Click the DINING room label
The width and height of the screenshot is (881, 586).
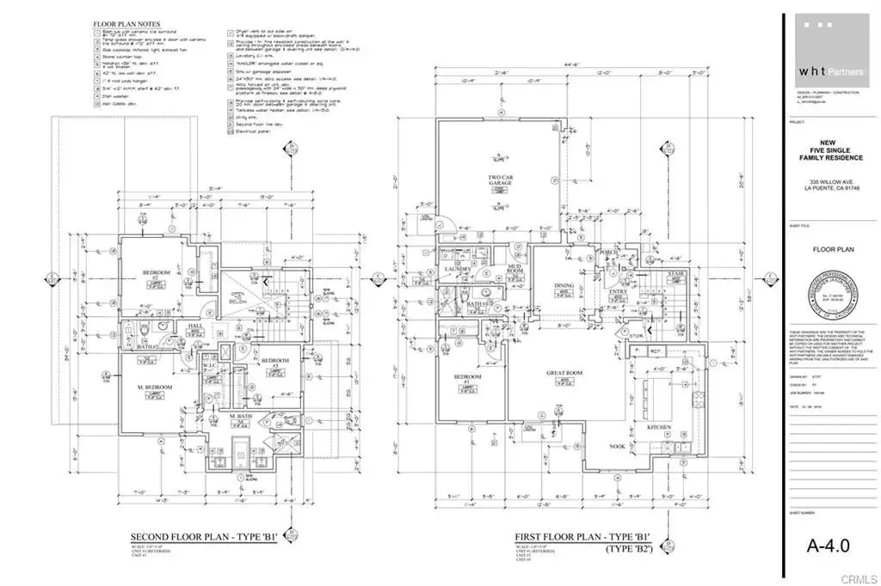point(564,286)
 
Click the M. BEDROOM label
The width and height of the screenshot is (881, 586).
point(157,388)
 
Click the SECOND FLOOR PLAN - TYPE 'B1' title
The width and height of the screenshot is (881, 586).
point(203,537)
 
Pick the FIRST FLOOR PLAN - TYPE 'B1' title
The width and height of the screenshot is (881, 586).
point(582,537)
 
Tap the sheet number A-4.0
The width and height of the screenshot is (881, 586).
point(826,545)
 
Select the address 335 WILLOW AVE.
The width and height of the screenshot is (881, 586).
point(831,180)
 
